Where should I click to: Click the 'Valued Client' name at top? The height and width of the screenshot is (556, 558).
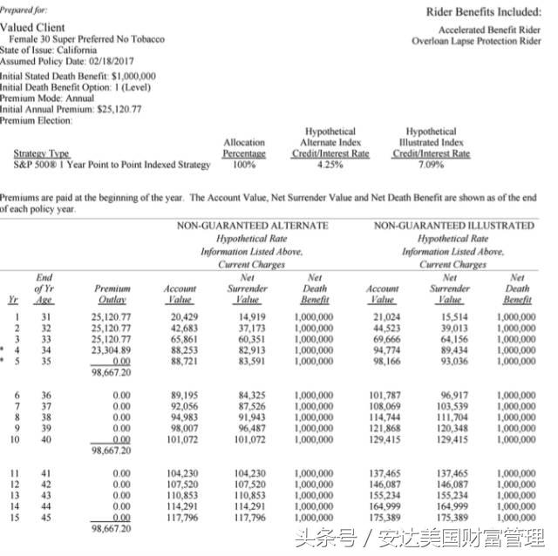32,28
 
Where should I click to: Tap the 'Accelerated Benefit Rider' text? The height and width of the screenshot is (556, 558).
489,30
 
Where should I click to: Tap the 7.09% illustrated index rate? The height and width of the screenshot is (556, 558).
431,164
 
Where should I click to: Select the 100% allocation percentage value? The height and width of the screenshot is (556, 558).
244,164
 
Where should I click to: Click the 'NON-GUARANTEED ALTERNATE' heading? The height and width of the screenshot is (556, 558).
253,226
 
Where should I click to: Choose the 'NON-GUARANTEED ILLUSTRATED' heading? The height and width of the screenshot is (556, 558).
453,226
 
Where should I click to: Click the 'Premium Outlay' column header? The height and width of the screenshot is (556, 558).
112,293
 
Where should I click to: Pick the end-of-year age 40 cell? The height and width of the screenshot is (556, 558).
45,438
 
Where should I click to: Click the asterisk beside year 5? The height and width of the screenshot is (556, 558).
6,359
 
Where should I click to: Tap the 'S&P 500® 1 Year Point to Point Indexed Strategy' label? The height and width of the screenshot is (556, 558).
112,164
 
